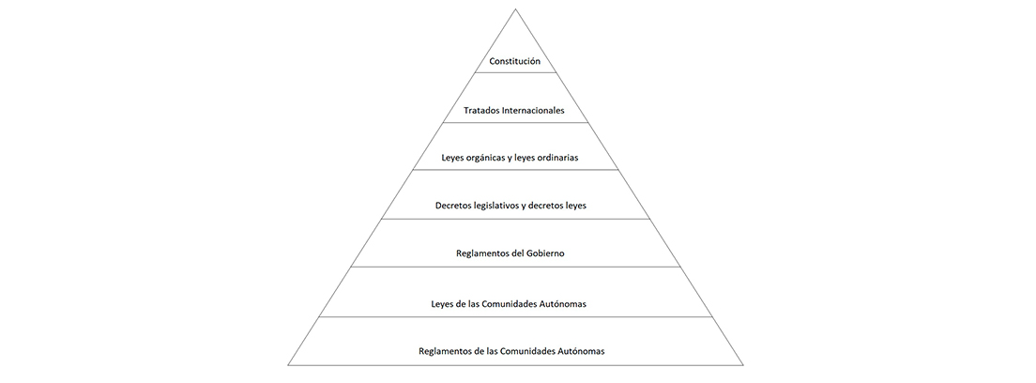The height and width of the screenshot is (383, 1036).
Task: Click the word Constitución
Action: point(514,62)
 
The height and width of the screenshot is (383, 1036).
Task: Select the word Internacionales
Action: point(533,111)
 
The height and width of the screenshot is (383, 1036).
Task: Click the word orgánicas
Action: point(488,159)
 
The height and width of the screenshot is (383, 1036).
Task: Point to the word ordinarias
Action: point(556,158)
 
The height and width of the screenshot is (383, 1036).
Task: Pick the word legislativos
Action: point(495,206)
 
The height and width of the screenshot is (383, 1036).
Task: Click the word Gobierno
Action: point(546,253)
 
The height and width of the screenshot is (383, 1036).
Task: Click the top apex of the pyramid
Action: point(515,9)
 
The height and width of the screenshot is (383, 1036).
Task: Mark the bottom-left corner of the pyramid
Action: point(288,365)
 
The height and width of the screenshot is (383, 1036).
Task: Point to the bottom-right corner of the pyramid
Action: point(743,365)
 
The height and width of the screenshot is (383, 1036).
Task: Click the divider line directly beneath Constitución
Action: point(515,72)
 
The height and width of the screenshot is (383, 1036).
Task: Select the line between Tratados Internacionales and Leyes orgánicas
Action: point(515,122)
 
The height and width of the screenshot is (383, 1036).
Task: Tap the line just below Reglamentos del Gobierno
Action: point(515,268)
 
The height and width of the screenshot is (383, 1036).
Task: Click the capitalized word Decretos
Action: point(452,206)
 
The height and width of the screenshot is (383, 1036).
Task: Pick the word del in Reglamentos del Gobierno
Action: point(517,253)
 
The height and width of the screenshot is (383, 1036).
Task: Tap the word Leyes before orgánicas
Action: point(452,159)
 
